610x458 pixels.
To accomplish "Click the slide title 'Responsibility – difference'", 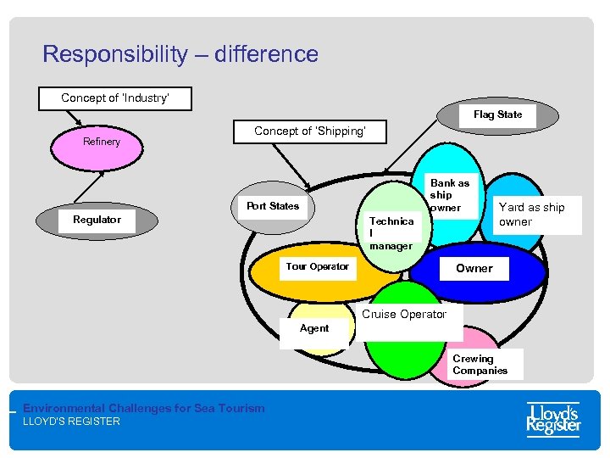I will tap(180, 55).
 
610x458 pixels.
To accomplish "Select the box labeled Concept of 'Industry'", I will tap(115, 98).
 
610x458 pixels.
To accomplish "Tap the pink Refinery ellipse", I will tap(102, 142).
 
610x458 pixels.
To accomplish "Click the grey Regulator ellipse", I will tap(97, 220).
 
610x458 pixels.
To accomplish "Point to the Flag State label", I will tap(497, 114).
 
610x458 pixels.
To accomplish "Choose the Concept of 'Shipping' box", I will tap(309, 131).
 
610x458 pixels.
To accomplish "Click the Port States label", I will tap(272, 206).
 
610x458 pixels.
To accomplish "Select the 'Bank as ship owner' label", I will tap(449, 195).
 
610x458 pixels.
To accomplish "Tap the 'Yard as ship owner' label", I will tap(531, 215).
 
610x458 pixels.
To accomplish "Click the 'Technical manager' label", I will tap(391, 233).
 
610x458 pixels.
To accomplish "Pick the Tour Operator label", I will tap(317, 266).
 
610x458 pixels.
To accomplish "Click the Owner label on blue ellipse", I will tap(474, 268).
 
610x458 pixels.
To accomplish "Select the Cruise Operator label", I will tap(404, 315).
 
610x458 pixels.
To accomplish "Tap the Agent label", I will tap(314, 329).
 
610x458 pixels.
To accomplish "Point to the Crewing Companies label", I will tap(480, 365).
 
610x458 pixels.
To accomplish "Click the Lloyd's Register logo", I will tap(553, 419).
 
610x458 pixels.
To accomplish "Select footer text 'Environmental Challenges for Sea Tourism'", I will tap(143, 408).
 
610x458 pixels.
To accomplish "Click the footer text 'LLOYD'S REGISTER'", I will tap(71, 422).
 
